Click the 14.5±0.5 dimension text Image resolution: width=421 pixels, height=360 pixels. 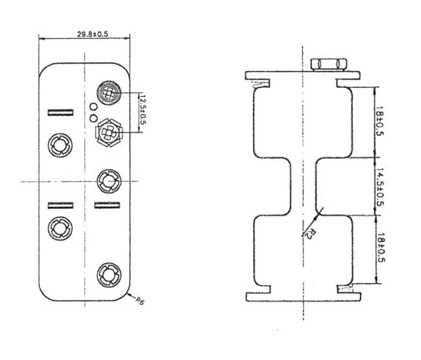click(x=380, y=188)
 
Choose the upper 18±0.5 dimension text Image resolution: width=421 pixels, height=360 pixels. click(x=380, y=121)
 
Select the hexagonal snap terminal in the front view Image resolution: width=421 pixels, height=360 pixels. click(x=109, y=133)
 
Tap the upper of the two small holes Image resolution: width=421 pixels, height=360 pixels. click(x=93, y=106)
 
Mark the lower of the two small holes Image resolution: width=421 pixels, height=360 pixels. click(x=93, y=117)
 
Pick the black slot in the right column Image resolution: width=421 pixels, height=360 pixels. click(x=107, y=205)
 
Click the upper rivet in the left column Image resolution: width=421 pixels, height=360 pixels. click(x=59, y=144)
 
